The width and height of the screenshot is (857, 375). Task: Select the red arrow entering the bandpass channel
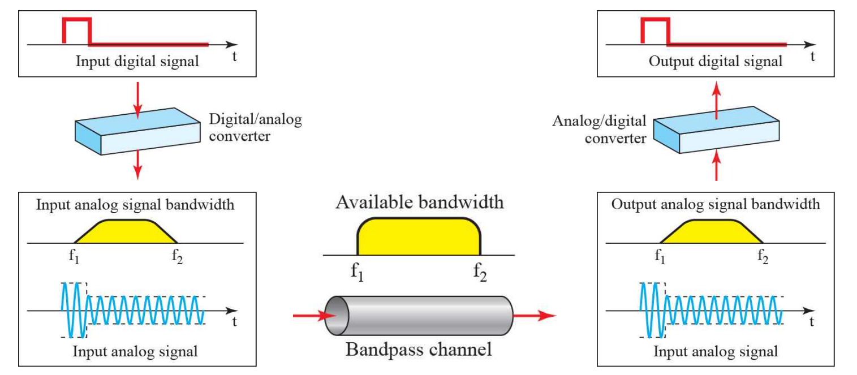(x=309, y=316)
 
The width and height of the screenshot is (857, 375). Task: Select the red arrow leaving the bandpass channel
(x=535, y=316)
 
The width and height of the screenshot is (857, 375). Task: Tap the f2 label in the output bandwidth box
(x=763, y=257)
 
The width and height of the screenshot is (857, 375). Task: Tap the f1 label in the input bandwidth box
(x=74, y=257)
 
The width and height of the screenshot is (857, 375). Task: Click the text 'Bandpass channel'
(x=419, y=349)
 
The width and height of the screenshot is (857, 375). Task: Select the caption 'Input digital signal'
(x=137, y=62)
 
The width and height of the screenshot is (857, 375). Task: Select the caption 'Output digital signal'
(x=716, y=61)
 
